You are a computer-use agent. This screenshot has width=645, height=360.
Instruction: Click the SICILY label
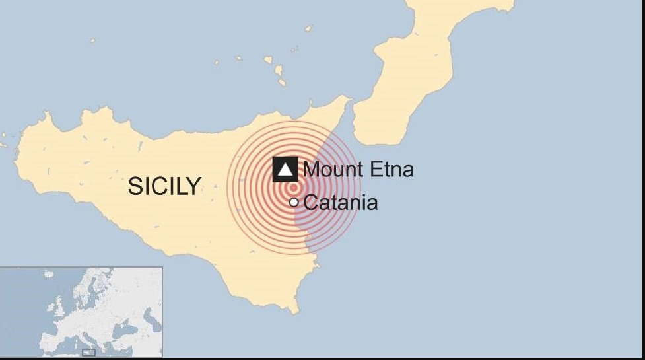164,186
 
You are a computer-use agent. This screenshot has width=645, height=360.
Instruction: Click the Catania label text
341,202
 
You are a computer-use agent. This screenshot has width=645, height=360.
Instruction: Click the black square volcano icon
285,170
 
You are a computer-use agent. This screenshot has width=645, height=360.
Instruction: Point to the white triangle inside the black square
285,170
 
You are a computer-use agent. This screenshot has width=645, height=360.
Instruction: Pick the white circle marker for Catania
294,202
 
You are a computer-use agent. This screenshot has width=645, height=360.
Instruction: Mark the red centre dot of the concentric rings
294,187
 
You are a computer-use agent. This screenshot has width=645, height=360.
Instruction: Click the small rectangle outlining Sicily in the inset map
88,353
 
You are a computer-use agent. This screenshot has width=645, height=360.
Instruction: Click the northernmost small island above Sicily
308,28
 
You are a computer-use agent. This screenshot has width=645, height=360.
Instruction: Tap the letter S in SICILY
134,186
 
